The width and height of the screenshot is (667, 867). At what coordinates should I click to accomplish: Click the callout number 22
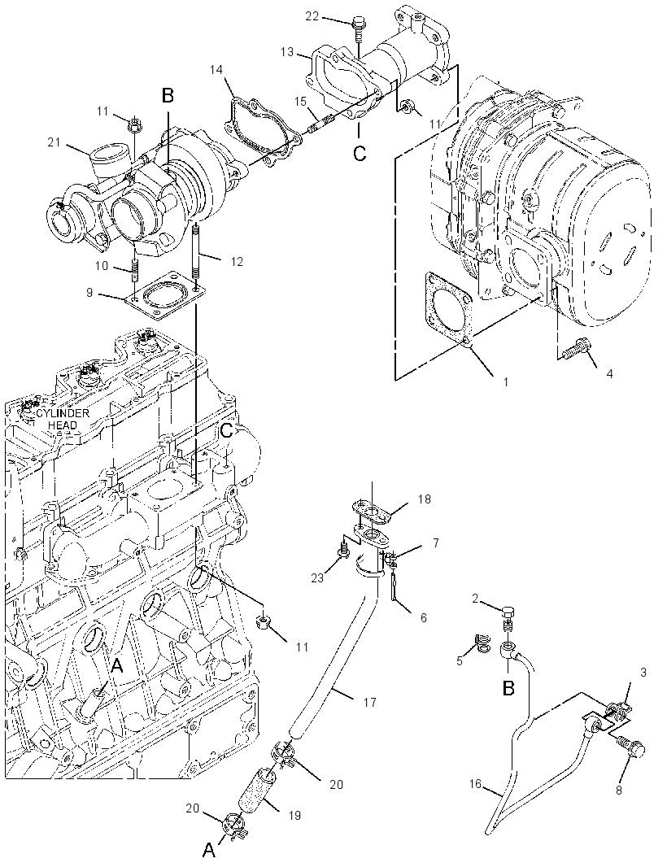(312, 16)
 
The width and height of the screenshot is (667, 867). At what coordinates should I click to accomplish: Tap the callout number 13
(287, 52)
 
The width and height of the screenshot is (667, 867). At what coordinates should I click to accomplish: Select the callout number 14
(216, 70)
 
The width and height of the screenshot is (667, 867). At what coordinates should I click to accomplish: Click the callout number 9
(89, 293)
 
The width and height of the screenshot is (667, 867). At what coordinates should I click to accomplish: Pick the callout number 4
(609, 374)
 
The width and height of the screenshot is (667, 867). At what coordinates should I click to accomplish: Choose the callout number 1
(506, 382)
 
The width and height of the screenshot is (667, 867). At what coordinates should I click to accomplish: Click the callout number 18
(425, 499)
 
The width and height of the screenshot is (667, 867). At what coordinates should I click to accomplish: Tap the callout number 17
(369, 702)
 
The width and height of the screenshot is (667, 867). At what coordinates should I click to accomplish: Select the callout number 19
(294, 815)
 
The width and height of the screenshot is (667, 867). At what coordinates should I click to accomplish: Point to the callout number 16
(476, 783)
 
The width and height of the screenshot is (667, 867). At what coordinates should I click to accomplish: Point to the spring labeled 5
(482, 643)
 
